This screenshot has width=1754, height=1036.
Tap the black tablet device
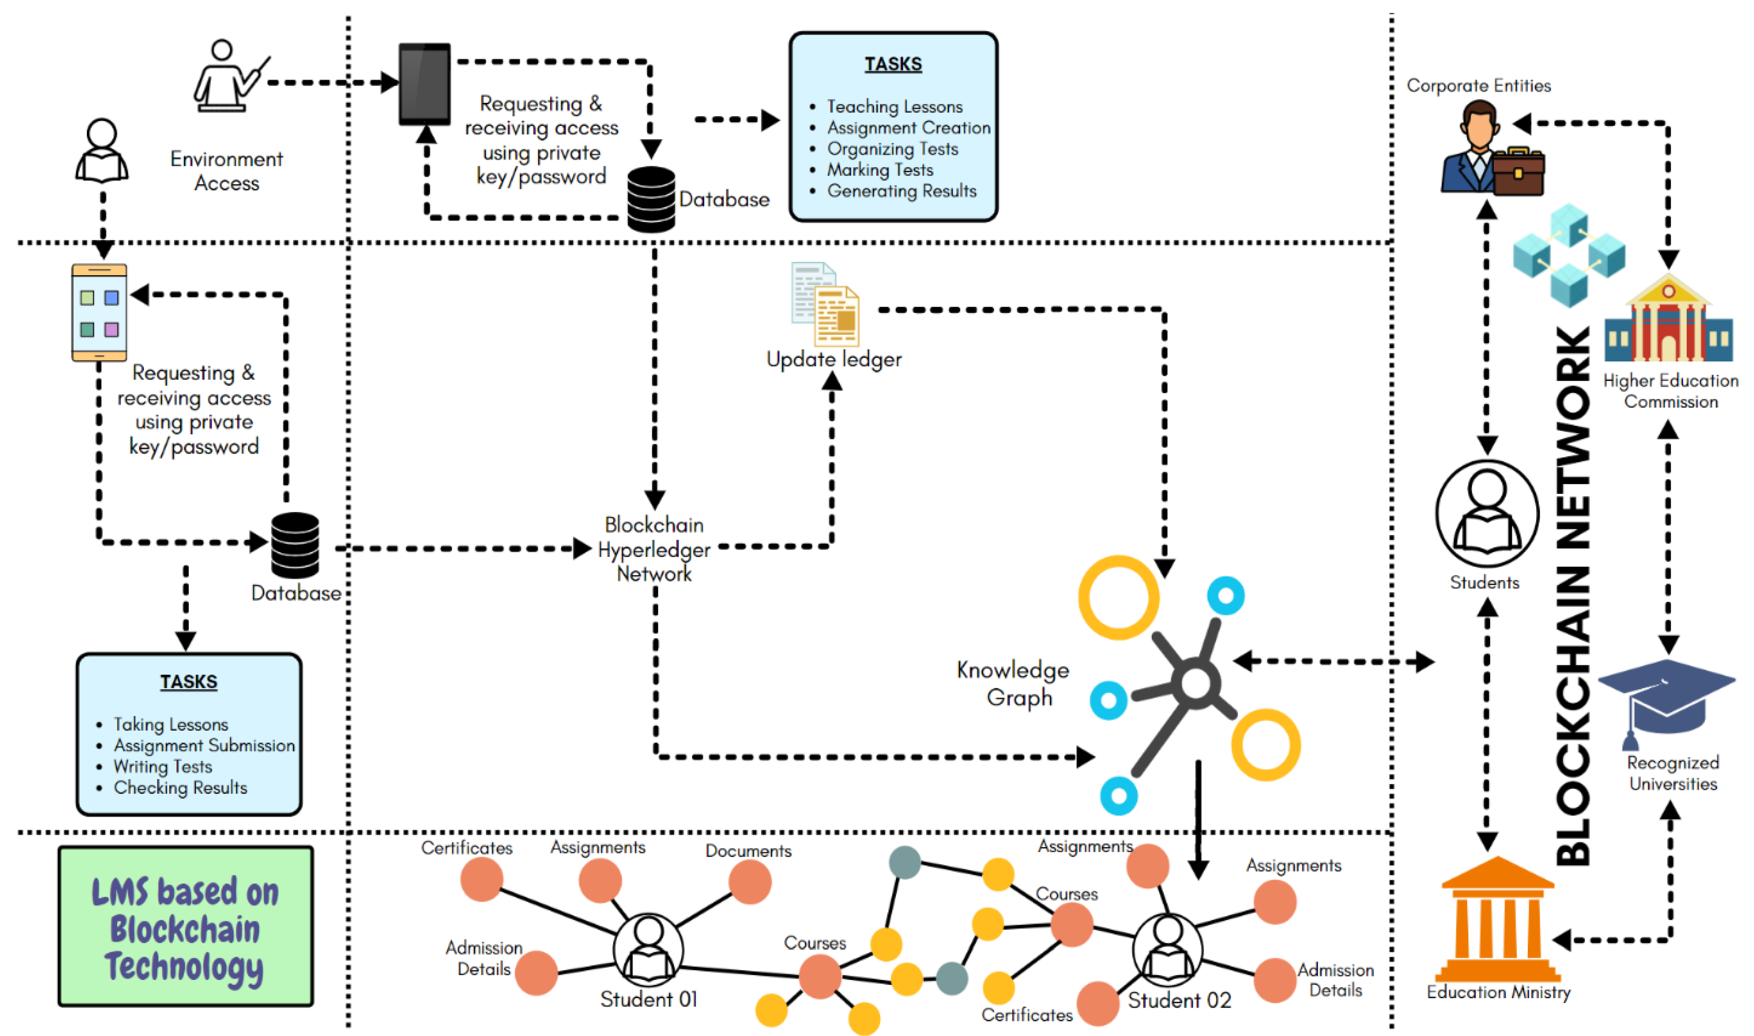424,84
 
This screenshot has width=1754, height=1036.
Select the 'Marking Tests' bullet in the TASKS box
880,170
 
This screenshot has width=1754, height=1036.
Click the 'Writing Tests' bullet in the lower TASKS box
163,767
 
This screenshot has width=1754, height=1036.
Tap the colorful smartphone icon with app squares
99,313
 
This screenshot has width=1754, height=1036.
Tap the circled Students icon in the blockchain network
1487,513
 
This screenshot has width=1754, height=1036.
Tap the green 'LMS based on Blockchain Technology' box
186,926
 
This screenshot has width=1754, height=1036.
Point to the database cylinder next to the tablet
651,199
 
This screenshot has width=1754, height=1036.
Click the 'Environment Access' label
226,171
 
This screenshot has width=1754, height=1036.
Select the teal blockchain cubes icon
1568,255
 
